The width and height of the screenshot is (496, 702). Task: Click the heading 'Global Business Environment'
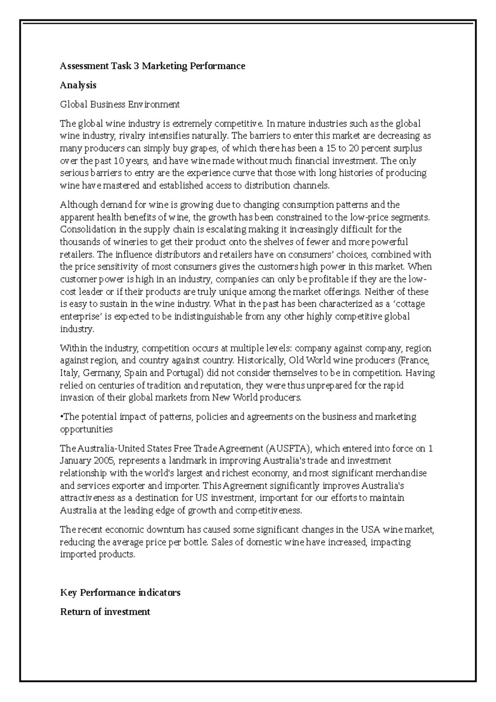120,104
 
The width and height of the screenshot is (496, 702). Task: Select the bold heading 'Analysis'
78,85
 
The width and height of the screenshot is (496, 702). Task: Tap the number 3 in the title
136,66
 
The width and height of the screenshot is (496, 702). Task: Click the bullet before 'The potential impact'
62,417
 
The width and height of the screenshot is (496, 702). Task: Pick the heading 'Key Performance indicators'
120,592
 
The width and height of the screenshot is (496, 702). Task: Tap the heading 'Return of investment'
105,611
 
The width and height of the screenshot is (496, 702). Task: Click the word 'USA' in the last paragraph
371,530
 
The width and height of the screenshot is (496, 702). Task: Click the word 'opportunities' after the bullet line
86,429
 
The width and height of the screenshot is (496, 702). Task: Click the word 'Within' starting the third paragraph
73,348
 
